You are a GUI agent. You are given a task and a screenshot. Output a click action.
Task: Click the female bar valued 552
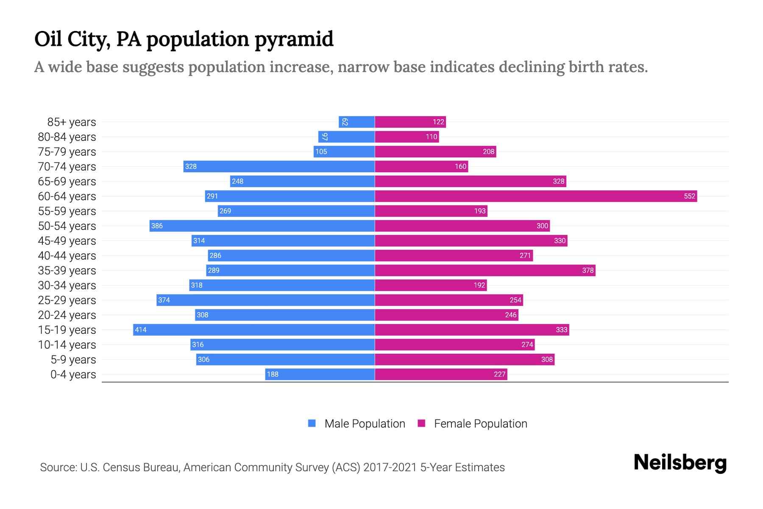click(x=536, y=196)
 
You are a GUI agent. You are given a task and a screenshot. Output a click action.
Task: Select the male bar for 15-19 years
click(x=254, y=330)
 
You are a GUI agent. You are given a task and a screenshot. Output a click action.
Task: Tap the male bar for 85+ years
click(x=356, y=122)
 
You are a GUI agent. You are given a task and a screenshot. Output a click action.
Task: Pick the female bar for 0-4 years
click(x=441, y=374)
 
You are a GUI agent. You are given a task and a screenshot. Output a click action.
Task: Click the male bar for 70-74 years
click(x=279, y=166)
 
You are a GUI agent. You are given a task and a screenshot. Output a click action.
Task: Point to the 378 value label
click(x=588, y=270)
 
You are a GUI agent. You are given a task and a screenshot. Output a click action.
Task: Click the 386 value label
click(x=157, y=226)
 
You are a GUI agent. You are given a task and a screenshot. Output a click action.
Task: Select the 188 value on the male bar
click(x=273, y=374)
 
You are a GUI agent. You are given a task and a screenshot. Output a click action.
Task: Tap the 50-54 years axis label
click(x=67, y=226)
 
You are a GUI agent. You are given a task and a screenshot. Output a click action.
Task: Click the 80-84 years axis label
click(x=67, y=137)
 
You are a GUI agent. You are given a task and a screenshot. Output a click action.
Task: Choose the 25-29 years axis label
click(x=67, y=300)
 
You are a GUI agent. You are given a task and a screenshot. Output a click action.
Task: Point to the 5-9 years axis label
click(x=73, y=360)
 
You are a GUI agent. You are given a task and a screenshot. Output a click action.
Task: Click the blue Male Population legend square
click(x=312, y=423)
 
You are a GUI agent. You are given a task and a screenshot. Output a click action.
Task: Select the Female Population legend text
click(x=480, y=423)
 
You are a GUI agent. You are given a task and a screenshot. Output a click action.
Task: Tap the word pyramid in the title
click(x=294, y=40)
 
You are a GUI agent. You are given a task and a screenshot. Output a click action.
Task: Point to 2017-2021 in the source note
click(x=390, y=467)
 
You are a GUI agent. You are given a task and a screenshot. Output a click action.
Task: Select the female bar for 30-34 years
click(x=431, y=285)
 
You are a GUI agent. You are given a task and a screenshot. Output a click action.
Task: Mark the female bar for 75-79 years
click(x=435, y=151)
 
